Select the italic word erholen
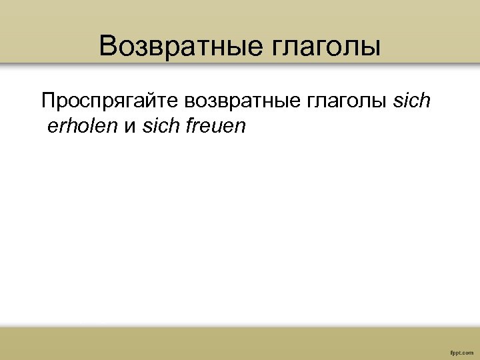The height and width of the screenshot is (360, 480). (x=82, y=126)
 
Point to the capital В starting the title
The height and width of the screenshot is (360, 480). (x=107, y=47)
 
